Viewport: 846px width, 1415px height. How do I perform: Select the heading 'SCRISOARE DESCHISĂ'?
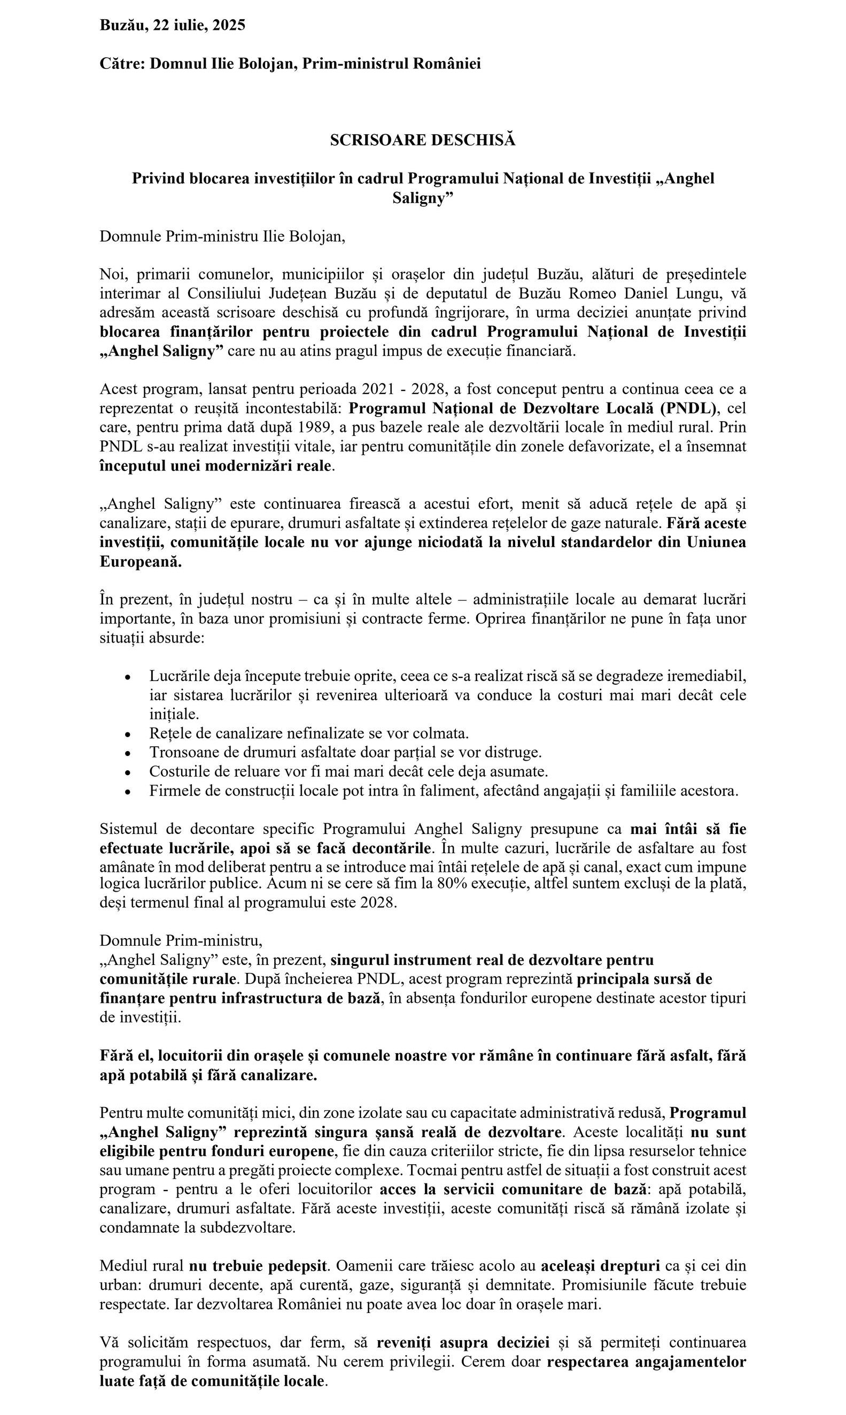click(x=422, y=140)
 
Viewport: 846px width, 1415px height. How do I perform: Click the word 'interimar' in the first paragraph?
click(x=126, y=293)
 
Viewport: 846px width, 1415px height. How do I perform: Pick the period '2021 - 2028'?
click(x=403, y=389)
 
